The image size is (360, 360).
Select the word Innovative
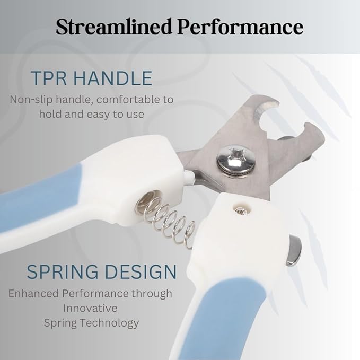pos(90,308)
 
